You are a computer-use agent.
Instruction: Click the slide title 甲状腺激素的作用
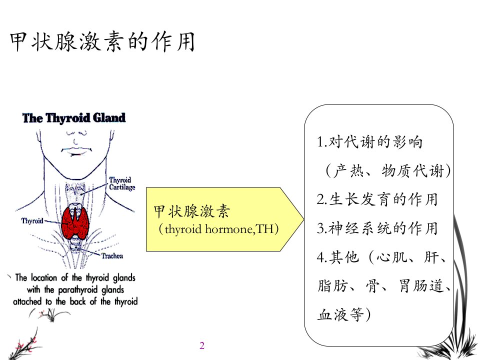102,41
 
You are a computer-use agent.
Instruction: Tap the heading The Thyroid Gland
74,118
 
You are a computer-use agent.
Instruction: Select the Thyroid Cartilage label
122,183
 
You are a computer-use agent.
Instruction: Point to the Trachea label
112,256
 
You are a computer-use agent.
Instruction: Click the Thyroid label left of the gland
32,220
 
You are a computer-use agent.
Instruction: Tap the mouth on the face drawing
76,150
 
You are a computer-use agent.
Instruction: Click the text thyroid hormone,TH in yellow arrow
218,229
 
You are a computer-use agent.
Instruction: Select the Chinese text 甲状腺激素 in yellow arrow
191,211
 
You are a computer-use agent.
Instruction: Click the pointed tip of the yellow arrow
303,219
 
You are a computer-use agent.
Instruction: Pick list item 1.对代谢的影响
370,142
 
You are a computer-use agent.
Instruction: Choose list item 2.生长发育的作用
377,199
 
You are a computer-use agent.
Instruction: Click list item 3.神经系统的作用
377,228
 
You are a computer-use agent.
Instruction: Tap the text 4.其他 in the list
337,257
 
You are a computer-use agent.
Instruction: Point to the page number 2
202,345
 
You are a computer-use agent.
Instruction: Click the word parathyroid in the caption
78,289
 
